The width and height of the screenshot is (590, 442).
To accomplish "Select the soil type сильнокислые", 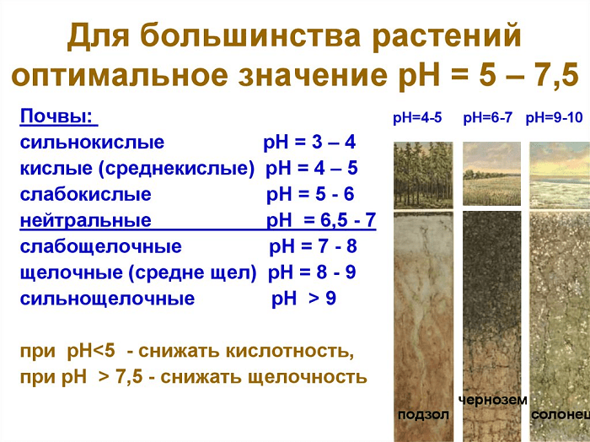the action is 92,143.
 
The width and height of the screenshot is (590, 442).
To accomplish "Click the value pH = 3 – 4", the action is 309,143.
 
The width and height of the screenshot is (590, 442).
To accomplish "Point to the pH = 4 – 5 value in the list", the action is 312,168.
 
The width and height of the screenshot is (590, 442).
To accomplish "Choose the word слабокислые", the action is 85,194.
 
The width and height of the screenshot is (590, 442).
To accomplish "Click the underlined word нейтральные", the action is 85,220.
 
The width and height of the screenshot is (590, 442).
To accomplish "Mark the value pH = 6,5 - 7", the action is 321,220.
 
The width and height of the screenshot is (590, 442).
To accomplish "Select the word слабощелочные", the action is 100,246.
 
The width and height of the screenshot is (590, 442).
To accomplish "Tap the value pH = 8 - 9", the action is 312,272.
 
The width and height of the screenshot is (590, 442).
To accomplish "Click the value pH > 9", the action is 303,299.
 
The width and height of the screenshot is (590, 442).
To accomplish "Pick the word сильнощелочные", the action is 107,299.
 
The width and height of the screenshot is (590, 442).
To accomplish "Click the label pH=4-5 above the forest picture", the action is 417,118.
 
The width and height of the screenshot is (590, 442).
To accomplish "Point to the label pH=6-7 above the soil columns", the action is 488,118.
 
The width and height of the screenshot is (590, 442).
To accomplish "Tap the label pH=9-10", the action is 554,118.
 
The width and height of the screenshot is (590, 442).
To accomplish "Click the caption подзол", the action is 423,415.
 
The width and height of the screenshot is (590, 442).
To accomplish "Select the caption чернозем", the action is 493,400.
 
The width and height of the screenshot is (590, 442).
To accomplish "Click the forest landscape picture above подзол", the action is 423,175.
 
